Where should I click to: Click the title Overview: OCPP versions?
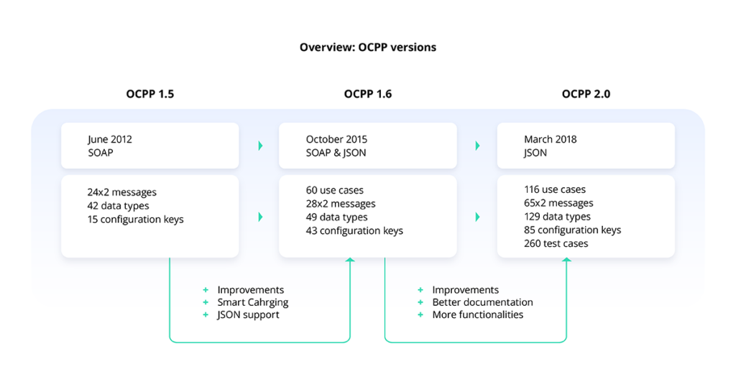[x=368, y=47]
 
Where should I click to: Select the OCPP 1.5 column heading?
[x=149, y=94]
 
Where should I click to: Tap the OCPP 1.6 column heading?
[x=367, y=94]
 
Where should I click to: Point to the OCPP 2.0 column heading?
[x=586, y=94]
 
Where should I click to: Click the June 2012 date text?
[x=110, y=140]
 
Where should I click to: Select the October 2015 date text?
[x=336, y=140]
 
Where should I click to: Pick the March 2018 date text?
[x=550, y=140]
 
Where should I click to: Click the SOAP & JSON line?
[x=336, y=153]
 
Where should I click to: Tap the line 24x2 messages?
[x=121, y=192]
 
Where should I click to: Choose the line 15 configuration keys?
[x=135, y=219]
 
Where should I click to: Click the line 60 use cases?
[x=335, y=191]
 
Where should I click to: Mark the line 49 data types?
[x=336, y=217]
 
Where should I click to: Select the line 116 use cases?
[x=555, y=189]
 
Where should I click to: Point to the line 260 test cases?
[x=556, y=243]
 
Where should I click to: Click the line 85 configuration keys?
[x=573, y=230]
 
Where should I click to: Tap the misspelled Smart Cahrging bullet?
[x=252, y=303]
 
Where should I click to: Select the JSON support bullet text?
[x=248, y=315]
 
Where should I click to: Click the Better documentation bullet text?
[x=482, y=302]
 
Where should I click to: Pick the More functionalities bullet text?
[x=478, y=315]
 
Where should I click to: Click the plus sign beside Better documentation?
[x=420, y=302]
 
